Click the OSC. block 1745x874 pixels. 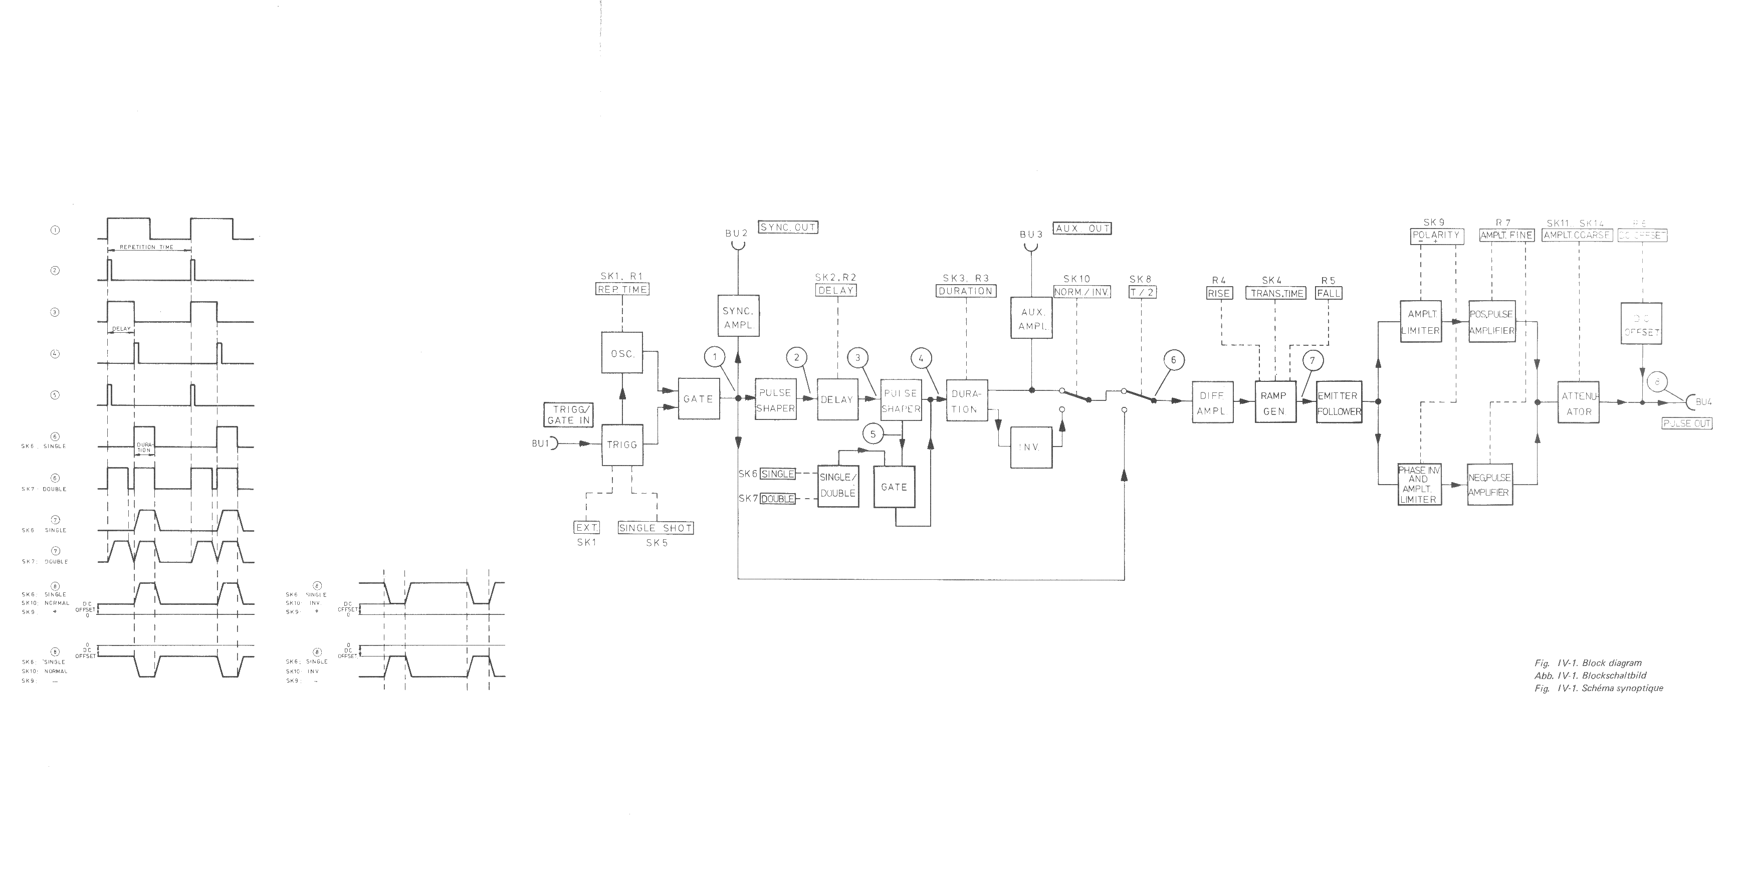pos(622,352)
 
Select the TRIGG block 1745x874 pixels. pos(622,445)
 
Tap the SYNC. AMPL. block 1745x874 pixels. pos(738,317)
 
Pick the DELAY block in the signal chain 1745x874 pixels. pos(837,400)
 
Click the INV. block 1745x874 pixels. pos(1031,447)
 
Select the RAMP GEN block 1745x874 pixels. pos(1274,403)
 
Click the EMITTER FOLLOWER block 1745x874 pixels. pos(1338,403)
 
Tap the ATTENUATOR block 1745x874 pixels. pos(1578,403)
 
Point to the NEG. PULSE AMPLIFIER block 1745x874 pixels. pos(1489,485)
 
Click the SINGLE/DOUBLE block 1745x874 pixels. pos(838,485)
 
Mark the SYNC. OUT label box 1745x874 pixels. pos(788,228)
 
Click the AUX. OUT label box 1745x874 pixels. pos(1082,229)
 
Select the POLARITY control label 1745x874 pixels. pos(1435,236)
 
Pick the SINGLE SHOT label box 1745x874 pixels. pos(656,528)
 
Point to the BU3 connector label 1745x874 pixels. pos(1030,235)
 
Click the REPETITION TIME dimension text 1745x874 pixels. pos(146,247)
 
